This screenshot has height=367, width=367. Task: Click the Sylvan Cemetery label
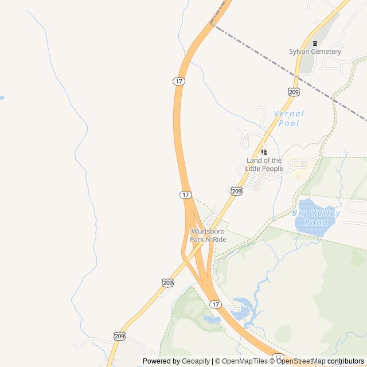point(315,52)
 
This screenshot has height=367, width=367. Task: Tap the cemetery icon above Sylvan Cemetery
point(314,43)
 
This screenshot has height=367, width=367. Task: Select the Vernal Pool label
point(289,118)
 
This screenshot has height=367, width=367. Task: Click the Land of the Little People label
point(264,165)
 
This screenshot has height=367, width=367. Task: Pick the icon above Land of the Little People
point(264,152)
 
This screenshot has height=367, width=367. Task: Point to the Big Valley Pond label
point(316,217)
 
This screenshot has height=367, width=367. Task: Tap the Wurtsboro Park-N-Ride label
point(208,236)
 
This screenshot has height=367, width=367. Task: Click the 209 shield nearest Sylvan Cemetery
point(294,92)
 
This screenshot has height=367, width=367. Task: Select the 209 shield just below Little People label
point(236,191)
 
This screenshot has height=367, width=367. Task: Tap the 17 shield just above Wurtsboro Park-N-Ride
point(185,195)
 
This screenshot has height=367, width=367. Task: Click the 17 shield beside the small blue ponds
point(215,304)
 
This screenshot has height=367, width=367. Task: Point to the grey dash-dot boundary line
point(287,70)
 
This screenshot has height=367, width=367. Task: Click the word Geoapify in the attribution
point(195,361)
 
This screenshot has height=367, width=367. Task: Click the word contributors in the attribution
point(346,361)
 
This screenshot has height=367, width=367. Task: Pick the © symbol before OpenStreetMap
point(272,361)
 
